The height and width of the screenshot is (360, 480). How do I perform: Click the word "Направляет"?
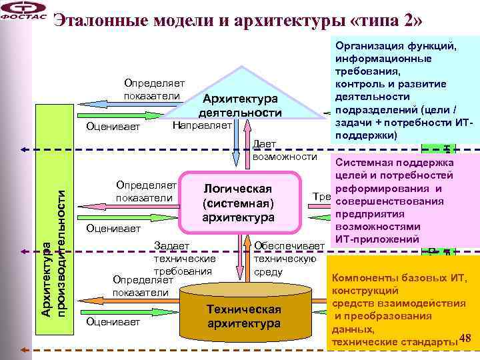click(202, 125)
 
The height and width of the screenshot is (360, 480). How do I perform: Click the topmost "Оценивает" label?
click(109, 127)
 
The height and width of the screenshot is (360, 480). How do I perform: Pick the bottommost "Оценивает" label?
click(109, 322)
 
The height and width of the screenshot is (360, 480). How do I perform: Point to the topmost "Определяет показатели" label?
click(154, 89)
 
